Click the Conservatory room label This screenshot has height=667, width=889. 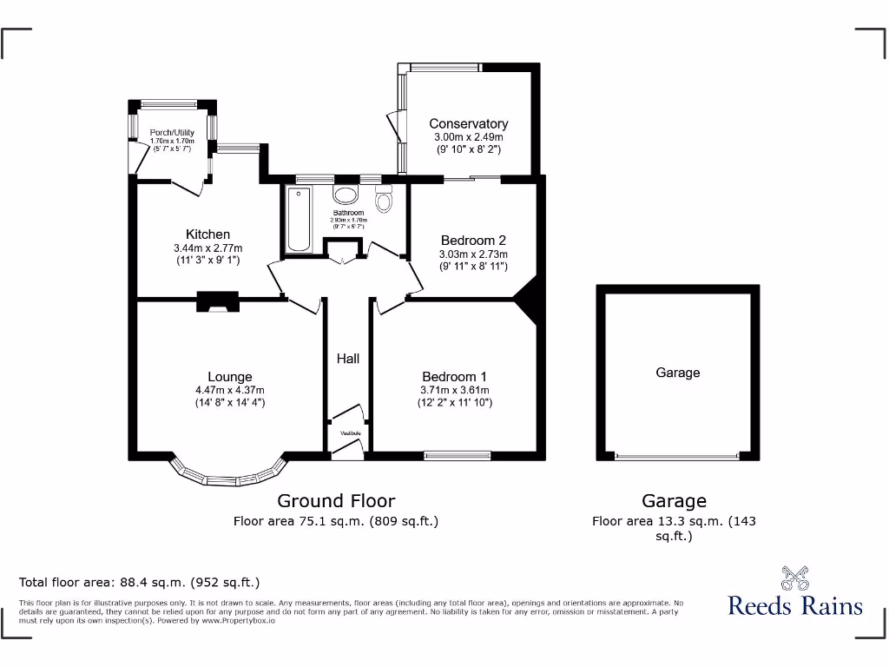click(x=469, y=124)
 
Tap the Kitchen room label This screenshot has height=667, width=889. click(x=208, y=234)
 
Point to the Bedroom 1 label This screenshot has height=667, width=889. click(x=454, y=376)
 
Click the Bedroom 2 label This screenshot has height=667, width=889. click(x=473, y=241)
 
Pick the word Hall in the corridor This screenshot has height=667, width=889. click(x=348, y=358)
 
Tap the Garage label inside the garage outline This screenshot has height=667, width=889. click(x=677, y=373)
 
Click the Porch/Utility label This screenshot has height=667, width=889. click(x=172, y=133)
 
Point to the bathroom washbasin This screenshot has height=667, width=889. click(x=347, y=194)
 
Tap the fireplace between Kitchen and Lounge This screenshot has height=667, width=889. click(x=215, y=301)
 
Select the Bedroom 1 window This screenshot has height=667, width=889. click(x=456, y=454)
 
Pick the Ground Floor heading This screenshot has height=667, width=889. click(x=336, y=501)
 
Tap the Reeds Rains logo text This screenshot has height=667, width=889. click(x=795, y=605)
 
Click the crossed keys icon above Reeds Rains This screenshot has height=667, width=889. click(x=794, y=577)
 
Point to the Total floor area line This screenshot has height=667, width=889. click(x=140, y=582)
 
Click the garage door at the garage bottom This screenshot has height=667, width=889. click(x=677, y=456)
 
